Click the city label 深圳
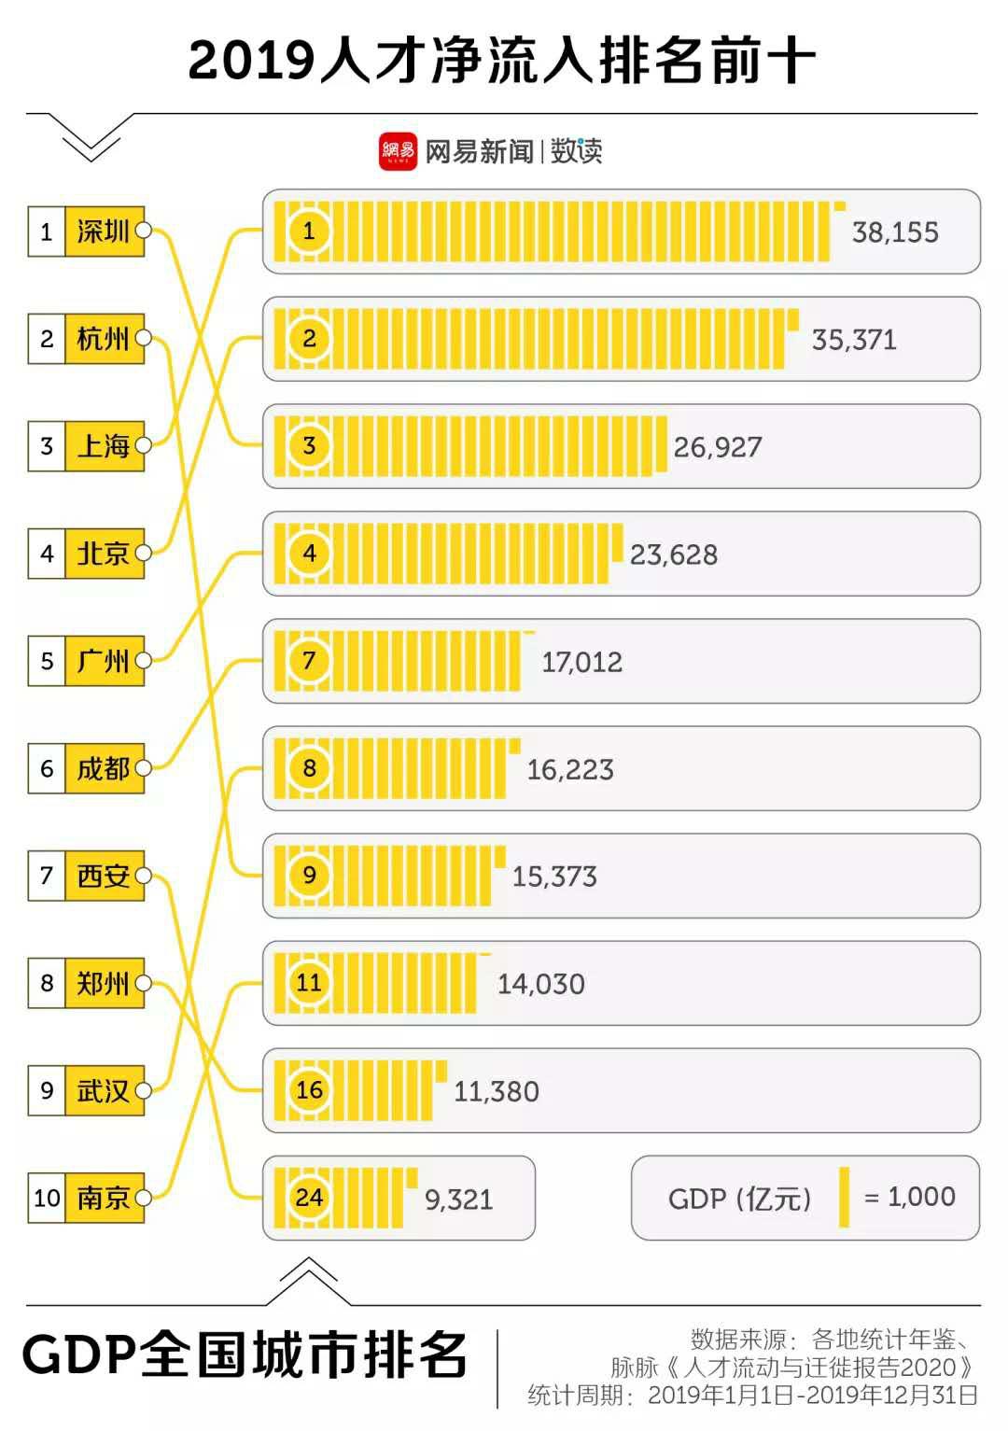[x=104, y=231]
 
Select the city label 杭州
[x=104, y=338]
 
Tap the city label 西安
[x=104, y=876]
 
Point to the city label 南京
[x=104, y=1198]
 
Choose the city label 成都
[x=104, y=768]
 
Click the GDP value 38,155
[x=895, y=232]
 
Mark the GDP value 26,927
[x=718, y=447]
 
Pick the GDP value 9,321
[x=458, y=1200]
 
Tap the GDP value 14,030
[x=540, y=984]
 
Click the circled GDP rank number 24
[x=309, y=1198]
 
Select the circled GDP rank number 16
[x=309, y=1089]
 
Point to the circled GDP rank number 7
[x=309, y=661]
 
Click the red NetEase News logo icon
[x=398, y=151]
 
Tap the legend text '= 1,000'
[x=910, y=1197]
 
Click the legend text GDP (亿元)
[x=740, y=1199]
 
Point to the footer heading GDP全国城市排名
[x=245, y=1355]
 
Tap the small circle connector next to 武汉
[x=143, y=1090]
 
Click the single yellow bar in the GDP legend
[x=844, y=1197]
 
